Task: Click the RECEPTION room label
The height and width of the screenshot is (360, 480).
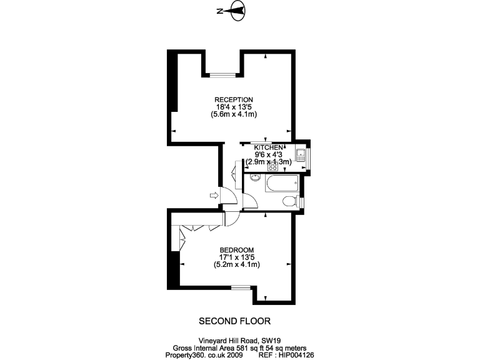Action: (x=234, y=99)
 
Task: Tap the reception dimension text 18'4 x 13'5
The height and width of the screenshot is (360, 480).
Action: (x=234, y=107)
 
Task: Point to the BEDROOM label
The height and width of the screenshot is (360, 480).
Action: (x=236, y=249)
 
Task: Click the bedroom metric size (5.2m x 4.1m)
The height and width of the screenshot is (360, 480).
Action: (x=236, y=264)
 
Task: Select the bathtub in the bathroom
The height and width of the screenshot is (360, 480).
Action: (x=281, y=184)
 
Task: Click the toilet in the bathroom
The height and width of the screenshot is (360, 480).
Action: (x=289, y=201)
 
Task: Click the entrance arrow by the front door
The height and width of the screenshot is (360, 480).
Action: (x=214, y=196)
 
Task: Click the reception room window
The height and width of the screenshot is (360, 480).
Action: (x=221, y=75)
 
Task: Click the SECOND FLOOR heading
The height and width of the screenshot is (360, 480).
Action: (x=234, y=321)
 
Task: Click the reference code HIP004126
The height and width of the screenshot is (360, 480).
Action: (x=294, y=354)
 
